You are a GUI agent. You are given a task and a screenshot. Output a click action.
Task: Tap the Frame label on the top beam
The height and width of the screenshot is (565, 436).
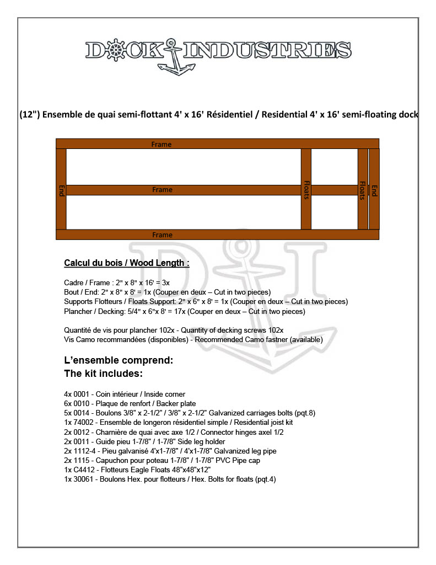(162, 145)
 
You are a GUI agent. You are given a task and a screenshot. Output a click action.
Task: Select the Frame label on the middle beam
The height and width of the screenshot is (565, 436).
(162, 190)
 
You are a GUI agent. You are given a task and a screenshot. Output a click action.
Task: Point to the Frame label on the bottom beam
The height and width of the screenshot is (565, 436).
(162, 235)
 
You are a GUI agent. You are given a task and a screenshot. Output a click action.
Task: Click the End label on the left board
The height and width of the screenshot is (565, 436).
(61, 190)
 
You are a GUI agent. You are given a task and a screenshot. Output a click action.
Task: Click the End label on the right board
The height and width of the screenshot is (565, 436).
(374, 190)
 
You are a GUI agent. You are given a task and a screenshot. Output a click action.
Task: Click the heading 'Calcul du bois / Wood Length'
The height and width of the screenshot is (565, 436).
(126, 263)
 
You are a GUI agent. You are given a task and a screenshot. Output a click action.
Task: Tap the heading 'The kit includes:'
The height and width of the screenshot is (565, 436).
(103, 374)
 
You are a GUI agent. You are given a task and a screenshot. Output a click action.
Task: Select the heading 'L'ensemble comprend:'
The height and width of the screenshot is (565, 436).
(119, 360)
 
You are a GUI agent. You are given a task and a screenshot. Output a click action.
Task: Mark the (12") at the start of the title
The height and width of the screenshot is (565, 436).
(29, 115)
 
